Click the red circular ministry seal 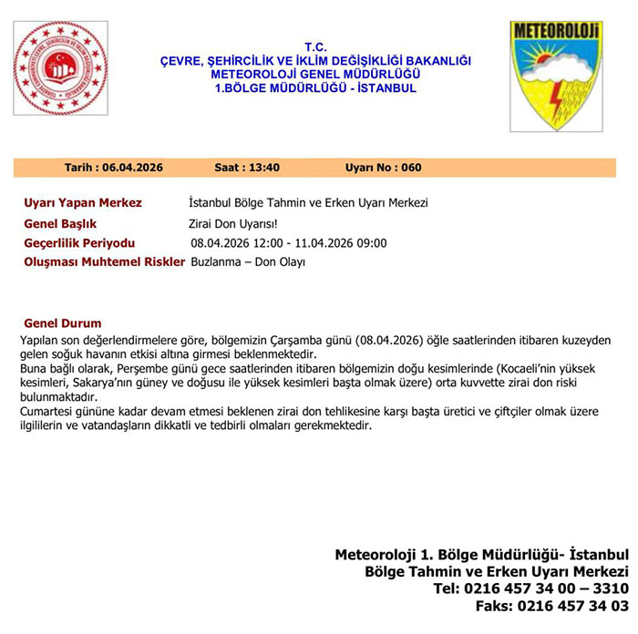(x=61, y=68)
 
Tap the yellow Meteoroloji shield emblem (x=556, y=76)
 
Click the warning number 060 (x=411, y=168)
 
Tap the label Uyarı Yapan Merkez (x=82, y=202)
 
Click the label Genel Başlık (x=60, y=223)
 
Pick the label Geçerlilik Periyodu (x=79, y=243)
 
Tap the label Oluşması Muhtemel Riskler (x=103, y=262)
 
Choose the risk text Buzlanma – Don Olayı (x=248, y=262)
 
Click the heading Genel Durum (x=62, y=323)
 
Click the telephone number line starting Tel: (x=531, y=588)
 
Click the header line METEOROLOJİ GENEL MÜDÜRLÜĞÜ (x=315, y=74)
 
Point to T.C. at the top (x=315, y=46)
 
